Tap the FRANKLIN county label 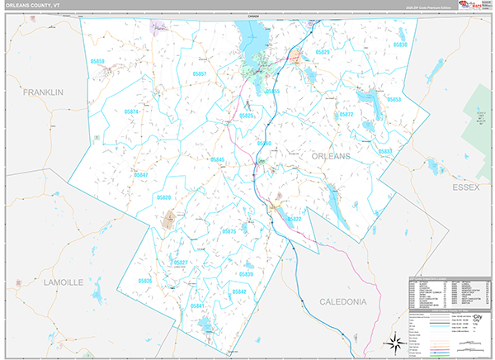(x=43, y=92)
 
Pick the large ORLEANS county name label (x=331, y=156)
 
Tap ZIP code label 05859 (x=97, y=62)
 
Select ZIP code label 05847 (x=140, y=175)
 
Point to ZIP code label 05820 (x=163, y=198)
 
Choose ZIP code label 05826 (x=145, y=282)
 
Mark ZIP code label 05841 (x=197, y=306)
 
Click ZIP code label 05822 (x=294, y=219)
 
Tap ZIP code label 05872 (x=346, y=115)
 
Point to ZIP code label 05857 (x=199, y=74)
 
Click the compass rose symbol (x=394, y=343)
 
